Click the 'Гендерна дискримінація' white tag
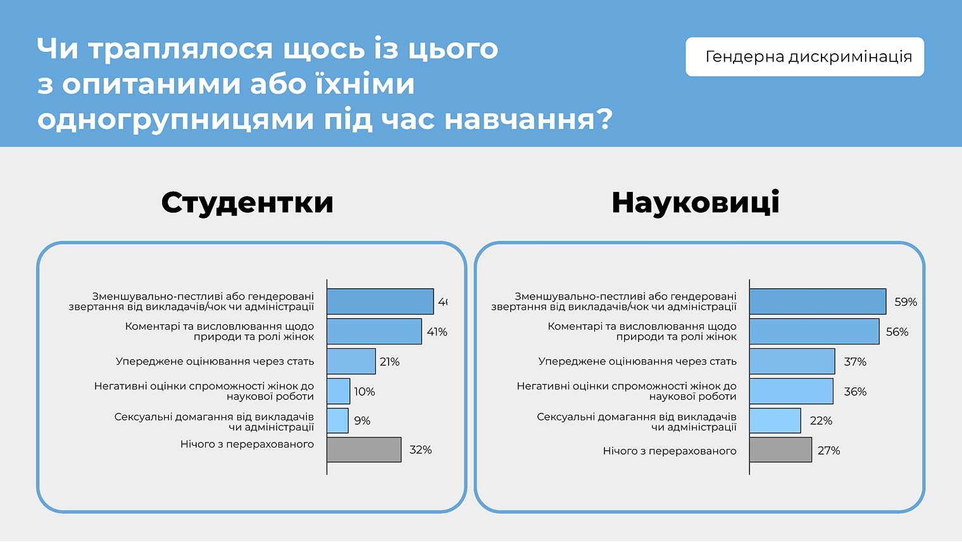coord(804,57)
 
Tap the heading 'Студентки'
coord(247,203)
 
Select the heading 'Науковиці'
coord(695,203)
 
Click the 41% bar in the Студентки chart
coord(374,332)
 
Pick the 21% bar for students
coord(351,362)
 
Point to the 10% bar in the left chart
coord(339,391)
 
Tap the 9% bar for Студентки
coord(337,420)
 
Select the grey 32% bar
coord(364,450)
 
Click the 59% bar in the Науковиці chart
coord(818,301)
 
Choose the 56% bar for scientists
coord(814,332)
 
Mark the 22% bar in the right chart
coord(775,420)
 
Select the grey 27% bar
coord(780,450)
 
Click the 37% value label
coord(855,362)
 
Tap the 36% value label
coord(855,392)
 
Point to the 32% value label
coord(420,450)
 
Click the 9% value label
coord(362,421)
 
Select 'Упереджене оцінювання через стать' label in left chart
coord(215,362)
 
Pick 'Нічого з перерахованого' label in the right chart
coord(670,451)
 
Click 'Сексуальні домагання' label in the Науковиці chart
coord(636,422)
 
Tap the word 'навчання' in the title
coord(528,119)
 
